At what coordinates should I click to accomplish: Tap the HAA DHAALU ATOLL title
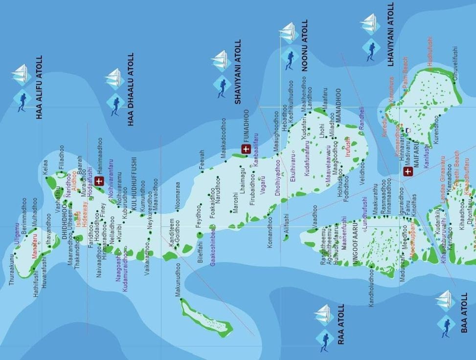pos(131,90)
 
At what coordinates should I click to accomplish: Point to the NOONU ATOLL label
pos(304,45)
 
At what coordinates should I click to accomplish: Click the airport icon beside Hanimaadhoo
pos(99,181)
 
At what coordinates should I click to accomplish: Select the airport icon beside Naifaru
pos(407,171)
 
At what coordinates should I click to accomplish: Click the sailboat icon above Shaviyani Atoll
pos(222,61)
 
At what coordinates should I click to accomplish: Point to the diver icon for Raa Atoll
pos(324,339)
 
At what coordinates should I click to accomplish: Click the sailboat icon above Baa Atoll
pos(445,299)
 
